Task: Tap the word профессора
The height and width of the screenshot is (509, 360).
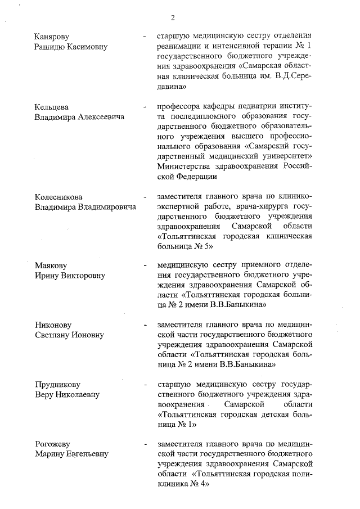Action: [x=183, y=106]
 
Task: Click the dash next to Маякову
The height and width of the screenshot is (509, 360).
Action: [x=145, y=265]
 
